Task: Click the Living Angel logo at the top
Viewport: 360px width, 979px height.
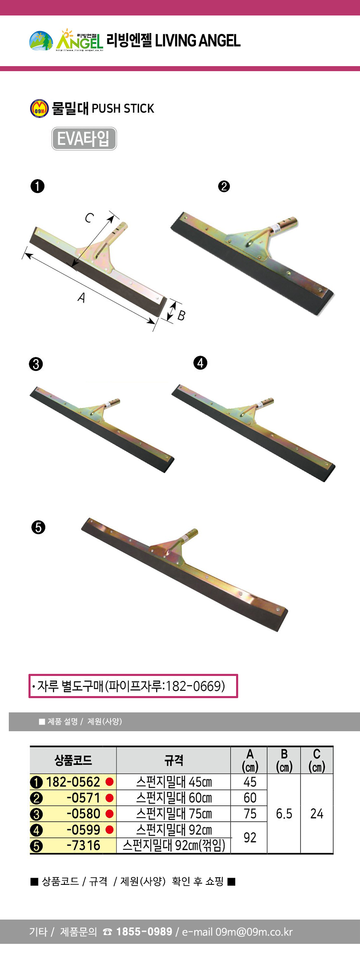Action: pos(66,41)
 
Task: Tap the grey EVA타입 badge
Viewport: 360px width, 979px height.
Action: pos(84,139)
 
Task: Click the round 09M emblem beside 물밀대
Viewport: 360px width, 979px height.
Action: pos(39,109)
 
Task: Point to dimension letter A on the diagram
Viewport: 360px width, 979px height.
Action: pos(82,297)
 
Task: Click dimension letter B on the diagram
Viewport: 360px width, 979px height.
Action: pos(181,315)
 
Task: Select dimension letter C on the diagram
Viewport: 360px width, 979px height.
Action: pos(90,218)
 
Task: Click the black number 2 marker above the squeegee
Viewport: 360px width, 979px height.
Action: pos(224,186)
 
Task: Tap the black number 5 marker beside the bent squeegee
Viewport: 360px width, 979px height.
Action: pos(38,527)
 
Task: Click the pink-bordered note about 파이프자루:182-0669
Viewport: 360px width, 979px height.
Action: pos(133,686)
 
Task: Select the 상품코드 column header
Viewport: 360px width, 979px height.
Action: pos(73,761)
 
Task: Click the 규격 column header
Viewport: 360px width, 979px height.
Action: pos(174,761)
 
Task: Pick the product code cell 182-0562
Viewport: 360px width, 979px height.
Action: pos(73,782)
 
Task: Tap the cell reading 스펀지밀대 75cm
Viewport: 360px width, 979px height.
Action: pos(174,814)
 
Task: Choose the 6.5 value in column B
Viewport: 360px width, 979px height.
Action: pos(284,814)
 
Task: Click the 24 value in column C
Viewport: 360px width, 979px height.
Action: pos(317,814)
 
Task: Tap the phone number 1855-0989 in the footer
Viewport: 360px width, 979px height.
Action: pos(144,931)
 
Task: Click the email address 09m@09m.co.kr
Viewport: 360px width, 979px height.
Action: pos(254,932)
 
